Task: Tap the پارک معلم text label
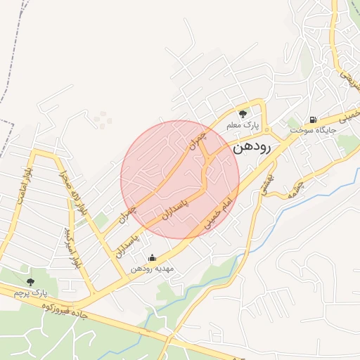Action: click(243, 125)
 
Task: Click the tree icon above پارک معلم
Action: click(243, 113)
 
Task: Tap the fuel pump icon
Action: click(313, 119)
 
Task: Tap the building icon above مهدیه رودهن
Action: click(153, 257)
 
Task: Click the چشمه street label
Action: click(297, 186)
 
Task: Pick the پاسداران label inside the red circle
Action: click(176, 203)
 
